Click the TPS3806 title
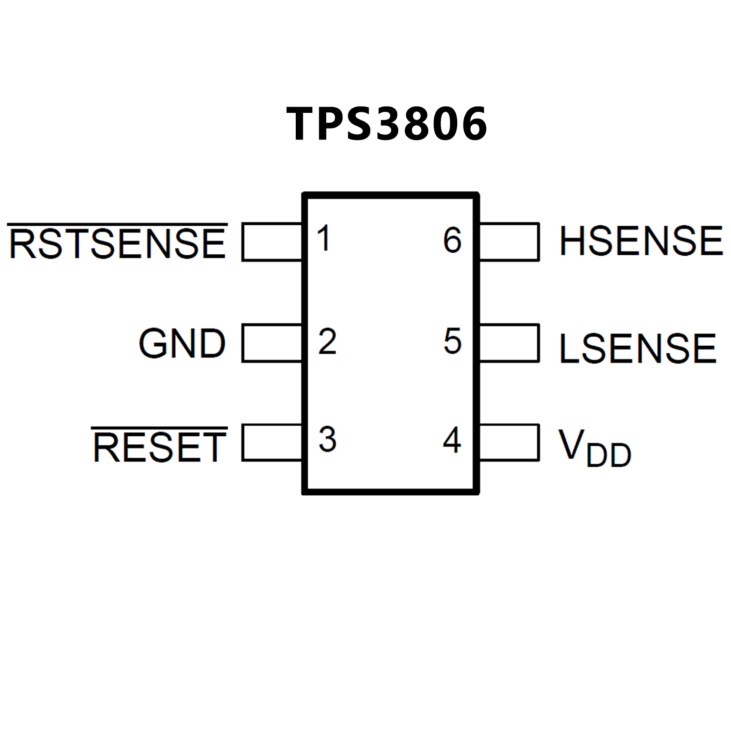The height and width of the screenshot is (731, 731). point(387,124)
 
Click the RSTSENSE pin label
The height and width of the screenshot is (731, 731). point(117,244)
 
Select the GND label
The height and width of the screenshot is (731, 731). point(182,343)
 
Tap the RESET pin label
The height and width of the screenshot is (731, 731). point(160,448)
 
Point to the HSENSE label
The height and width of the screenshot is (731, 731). point(641,241)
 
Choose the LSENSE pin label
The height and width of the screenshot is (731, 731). point(638,349)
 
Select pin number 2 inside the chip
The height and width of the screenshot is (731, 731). point(327,341)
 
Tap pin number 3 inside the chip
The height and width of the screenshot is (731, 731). point(327,440)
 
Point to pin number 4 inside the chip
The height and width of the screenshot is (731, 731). point(452,441)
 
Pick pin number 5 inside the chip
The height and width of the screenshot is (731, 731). point(452,341)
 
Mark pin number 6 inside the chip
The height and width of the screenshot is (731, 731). point(452,240)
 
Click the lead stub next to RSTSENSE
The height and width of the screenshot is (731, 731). point(272,242)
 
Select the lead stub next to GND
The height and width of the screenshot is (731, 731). point(272,343)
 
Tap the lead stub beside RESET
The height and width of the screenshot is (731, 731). point(272,443)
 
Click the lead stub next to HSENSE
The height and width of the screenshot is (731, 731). point(509,242)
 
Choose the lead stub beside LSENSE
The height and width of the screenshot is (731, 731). point(509,343)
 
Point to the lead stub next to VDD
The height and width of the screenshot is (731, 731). point(509,443)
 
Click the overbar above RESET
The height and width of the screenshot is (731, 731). point(160,428)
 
